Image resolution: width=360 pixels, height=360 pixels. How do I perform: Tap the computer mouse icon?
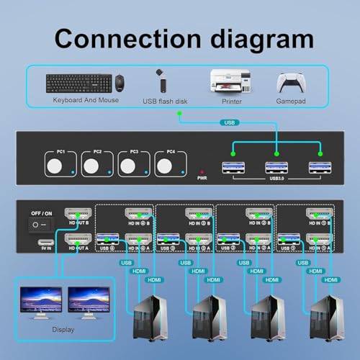click(x=119, y=82)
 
